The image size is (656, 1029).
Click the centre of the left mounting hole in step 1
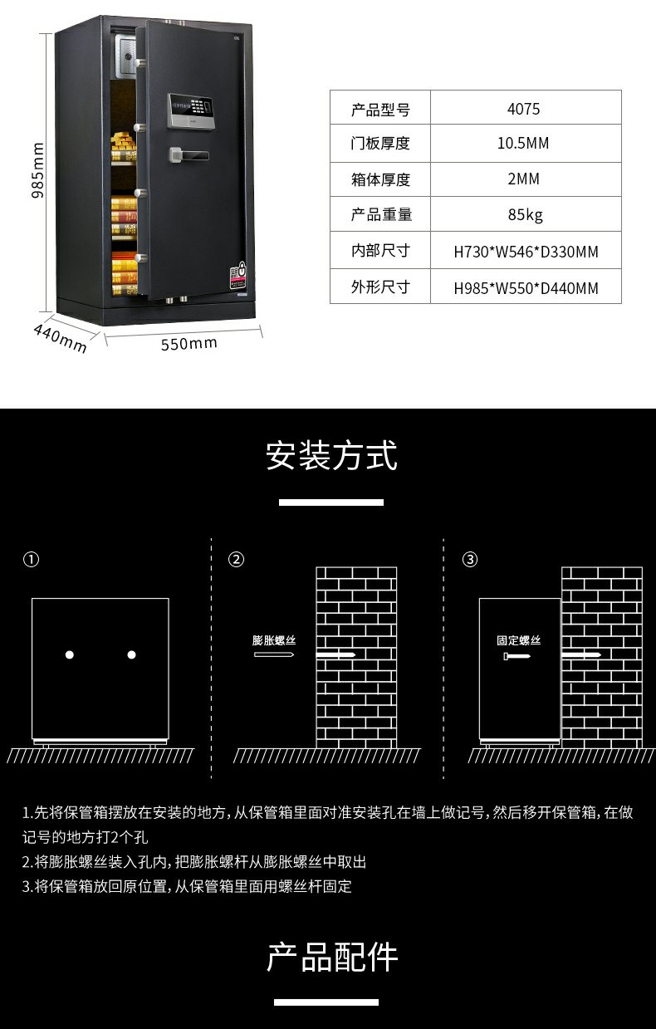coord(70,654)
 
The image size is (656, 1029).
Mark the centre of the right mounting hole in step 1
coord(131,654)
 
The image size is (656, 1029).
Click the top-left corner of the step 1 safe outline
coord(32,599)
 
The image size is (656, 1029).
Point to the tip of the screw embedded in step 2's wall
coord(356,654)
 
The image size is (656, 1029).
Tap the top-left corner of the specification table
coord(330,90)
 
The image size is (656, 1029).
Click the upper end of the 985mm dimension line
coord(46,33)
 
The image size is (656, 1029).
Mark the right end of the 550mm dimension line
coord(262,331)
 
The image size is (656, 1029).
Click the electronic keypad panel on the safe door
coord(191,110)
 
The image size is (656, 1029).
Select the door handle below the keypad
coord(188,155)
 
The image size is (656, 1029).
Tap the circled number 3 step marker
coord(469,560)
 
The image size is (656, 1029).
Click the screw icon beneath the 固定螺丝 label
coord(516,656)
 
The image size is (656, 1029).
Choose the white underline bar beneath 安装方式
coord(331,502)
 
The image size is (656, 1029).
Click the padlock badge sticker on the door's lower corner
coord(238,275)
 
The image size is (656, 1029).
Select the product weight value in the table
coord(525,214)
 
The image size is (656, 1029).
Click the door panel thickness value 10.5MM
coord(523,144)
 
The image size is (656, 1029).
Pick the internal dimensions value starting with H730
coord(526,252)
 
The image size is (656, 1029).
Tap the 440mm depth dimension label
coord(60,338)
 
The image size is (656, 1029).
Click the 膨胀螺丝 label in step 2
coord(274,640)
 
